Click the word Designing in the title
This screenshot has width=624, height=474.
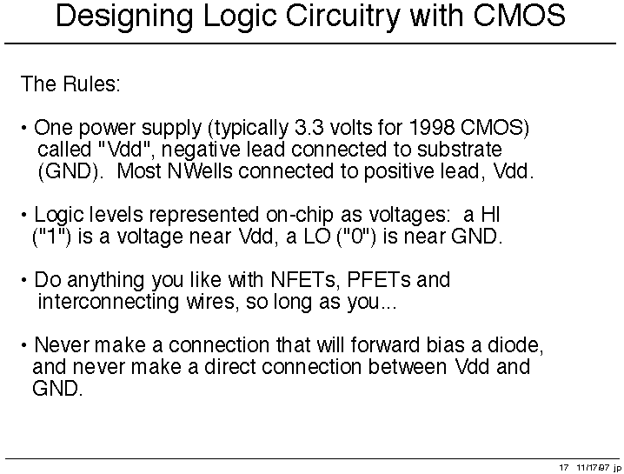(x=124, y=17)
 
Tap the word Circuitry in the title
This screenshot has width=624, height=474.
(x=342, y=16)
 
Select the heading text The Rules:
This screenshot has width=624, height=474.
(x=70, y=83)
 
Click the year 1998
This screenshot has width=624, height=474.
(x=431, y=128)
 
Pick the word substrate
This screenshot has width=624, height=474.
(x=459, y=150)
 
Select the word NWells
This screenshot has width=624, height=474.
(x=200, y=171)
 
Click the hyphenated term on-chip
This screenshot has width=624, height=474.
(x=299, y=216)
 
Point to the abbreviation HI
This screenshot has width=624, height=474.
(x=490, y=214)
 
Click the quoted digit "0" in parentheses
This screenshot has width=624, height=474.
(x=356, y=237)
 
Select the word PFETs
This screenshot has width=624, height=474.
(x=378, y=280)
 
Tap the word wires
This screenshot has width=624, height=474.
(x=213, y=302)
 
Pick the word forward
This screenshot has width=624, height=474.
(x=384, y=345)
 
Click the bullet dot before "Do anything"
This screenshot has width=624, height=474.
(x=24, y=280)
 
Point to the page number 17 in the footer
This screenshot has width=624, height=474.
(x=563, y=467)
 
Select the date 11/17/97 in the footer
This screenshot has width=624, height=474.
(x=593, y=467)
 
